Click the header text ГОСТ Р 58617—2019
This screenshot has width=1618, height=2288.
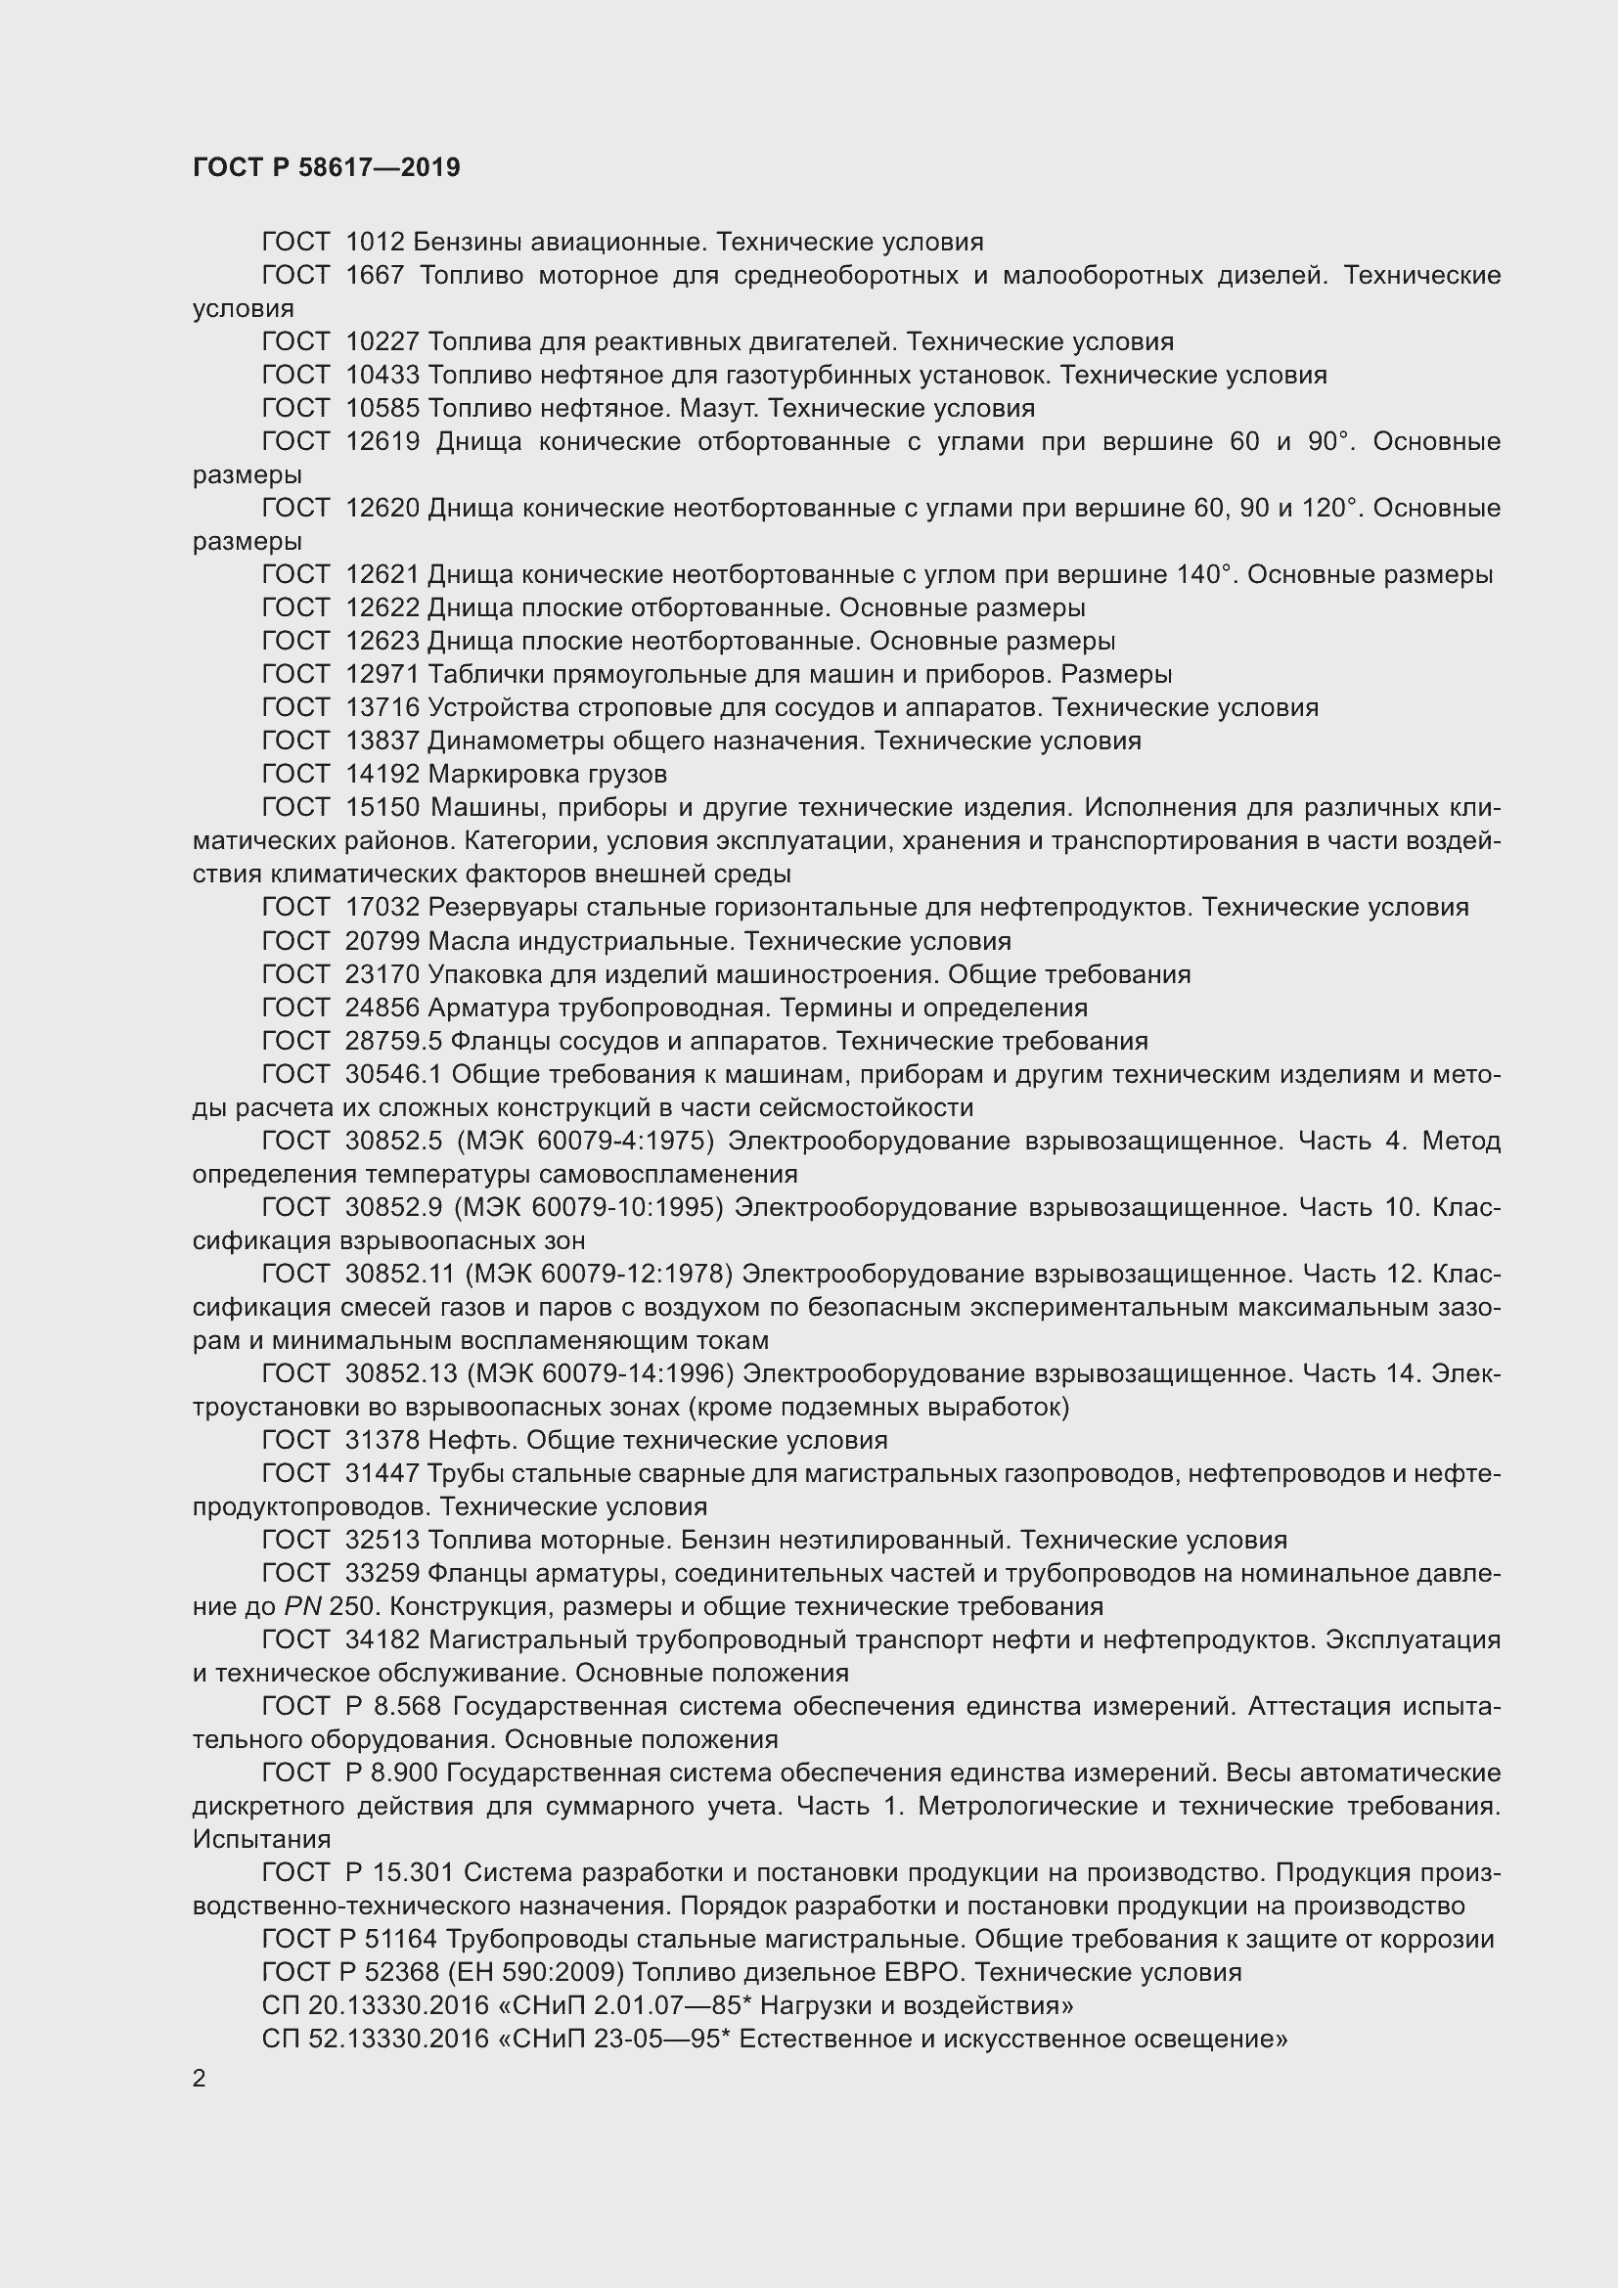tap(326, 167)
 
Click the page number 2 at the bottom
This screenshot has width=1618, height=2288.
tap(200, 2078)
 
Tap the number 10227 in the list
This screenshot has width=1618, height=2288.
tap(382, 341)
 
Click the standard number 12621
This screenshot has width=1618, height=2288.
tap(382, 575)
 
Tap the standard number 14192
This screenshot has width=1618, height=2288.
tap(382, 775)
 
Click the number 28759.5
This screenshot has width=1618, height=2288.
tap(392, 1042)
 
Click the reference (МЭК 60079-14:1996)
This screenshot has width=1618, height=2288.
tap(601, 1374)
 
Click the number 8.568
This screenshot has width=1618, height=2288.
tap(407, 1707)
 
